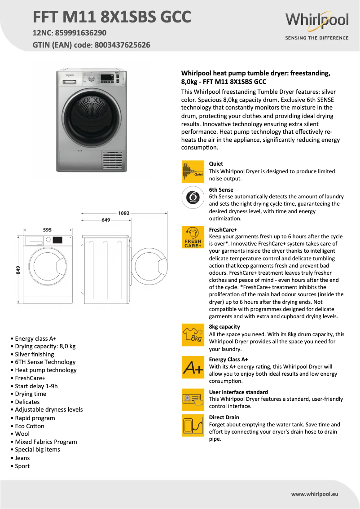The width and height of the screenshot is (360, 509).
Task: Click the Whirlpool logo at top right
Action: (316, 21)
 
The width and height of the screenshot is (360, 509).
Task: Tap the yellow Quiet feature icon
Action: (193, 171)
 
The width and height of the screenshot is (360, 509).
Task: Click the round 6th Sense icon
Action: (193, 197)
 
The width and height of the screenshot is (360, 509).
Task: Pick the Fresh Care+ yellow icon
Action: (193, 237)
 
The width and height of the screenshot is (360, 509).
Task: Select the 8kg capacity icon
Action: (193, 335)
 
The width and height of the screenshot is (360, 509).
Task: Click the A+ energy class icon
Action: (193, 368)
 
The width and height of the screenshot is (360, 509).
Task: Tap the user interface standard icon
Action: (193, 399)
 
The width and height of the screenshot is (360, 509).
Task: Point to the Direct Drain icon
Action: (193, 425)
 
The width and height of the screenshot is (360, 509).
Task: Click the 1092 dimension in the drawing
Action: (124, 213)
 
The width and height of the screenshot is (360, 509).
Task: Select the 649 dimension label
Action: (106, 220)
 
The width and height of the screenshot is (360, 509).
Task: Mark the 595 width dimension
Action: (47, 230)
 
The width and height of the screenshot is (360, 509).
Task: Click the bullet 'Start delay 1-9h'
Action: (36, 386)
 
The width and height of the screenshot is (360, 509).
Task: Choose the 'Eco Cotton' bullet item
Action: (30, 426)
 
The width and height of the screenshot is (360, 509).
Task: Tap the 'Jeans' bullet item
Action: (22, 458)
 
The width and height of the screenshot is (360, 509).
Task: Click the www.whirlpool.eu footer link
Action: (315, 494)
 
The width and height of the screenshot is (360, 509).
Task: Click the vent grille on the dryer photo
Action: (112, 160)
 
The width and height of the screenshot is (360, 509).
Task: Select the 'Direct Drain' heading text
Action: (224, 417)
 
